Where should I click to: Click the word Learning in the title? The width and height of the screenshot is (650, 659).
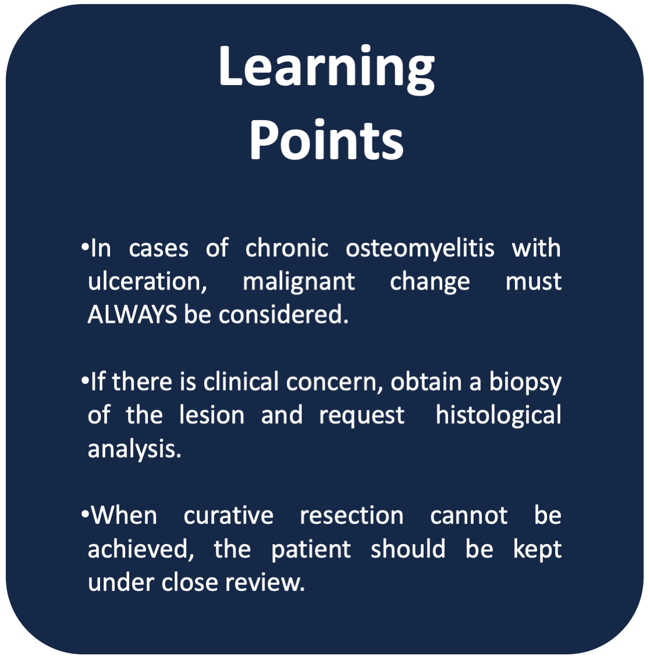326,69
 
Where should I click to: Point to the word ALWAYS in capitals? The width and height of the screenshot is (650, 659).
132,314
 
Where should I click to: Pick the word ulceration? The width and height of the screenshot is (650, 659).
147,281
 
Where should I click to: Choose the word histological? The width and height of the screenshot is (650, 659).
499,416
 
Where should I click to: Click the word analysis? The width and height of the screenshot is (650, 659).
134,449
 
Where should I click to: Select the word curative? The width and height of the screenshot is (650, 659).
228,516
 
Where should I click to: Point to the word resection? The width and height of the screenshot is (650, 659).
351,516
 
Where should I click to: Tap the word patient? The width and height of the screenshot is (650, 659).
311,550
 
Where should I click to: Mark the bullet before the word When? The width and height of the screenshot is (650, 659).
84,514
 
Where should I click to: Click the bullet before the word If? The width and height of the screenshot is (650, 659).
84,380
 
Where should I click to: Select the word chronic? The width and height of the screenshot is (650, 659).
287,248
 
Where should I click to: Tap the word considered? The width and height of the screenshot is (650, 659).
283,315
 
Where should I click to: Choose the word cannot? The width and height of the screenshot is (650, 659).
468,516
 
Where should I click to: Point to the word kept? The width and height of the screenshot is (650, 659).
538,550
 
